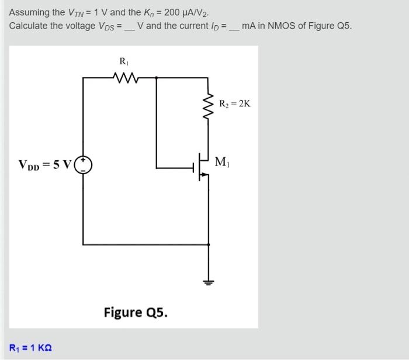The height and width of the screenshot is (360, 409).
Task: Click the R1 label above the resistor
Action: [x=123, y=61]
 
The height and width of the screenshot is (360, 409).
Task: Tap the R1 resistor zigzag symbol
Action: [x=123, y=77]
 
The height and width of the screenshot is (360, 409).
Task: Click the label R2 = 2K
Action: [x=235, y=104]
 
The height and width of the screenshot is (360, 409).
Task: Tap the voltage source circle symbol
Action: [x=85, y=165]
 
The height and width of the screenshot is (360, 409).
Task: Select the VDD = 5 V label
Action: [x=44, y=165]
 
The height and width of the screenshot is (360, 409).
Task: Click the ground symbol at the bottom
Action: [x=208, y=283]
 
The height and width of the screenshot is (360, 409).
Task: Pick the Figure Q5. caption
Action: [x=136, y=312]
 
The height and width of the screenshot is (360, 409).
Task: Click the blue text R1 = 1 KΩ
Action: [x=30, y=348]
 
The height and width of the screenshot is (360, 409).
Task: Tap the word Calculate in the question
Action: [x=29, y=26]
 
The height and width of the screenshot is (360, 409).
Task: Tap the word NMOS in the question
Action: [x=283, y=26]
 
